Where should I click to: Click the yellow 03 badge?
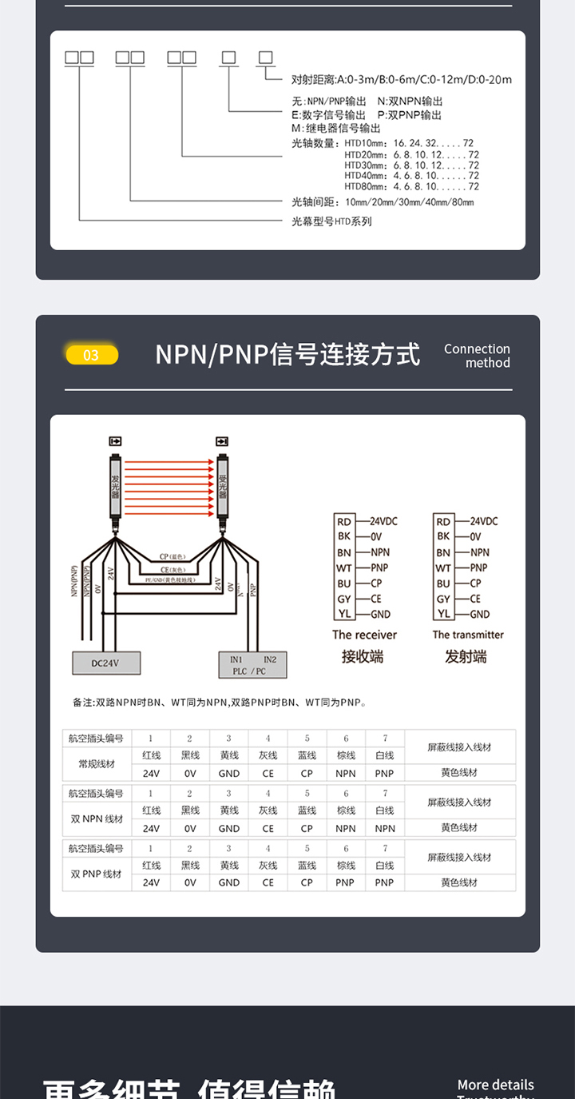coord(91,355)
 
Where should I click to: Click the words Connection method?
coord(477,356)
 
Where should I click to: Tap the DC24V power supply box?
coord(106,663)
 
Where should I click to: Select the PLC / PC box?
coord(252,665)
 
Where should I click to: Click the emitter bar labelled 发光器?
coord(115,484)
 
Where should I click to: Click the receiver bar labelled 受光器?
coord(222,484)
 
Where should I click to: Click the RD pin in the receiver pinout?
coord(343,521)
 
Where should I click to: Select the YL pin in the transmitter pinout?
coord(443,614)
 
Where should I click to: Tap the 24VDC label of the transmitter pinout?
coord(483,521)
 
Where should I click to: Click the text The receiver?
coord(364,635)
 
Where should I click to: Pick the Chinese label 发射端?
coord(466,657)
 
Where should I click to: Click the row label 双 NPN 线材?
coord(97,819)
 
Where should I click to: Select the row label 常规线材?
coord(97,764)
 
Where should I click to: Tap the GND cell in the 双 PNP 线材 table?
coord(228,882)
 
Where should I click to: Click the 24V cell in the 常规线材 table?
coord(151,774)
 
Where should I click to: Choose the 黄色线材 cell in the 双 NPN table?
coord(459,828)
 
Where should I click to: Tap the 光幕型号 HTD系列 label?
coord(331,221)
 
